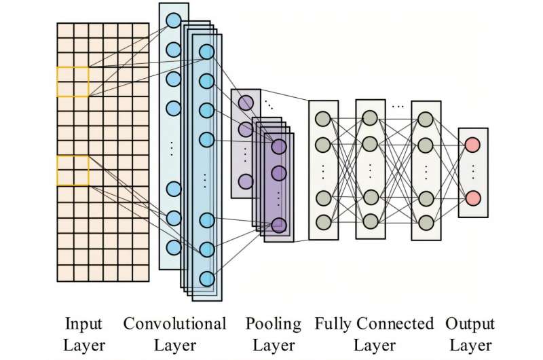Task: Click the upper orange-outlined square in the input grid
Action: (73, 82)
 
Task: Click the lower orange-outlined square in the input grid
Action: (73, 170)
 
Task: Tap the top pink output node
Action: (473, 144)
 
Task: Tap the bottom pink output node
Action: (473, 198)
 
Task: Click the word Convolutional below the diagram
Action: (175, 323)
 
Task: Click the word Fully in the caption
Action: (333, 323)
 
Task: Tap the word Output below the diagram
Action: (470, 323)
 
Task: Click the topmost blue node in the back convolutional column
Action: (174, 20)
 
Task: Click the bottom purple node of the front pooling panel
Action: (279, 225)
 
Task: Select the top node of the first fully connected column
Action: (323, 118)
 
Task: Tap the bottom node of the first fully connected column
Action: (323, 222)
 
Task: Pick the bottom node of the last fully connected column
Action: (426, 222)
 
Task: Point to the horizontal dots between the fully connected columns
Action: (398, 107)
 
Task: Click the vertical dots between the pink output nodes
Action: (473, 171)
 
